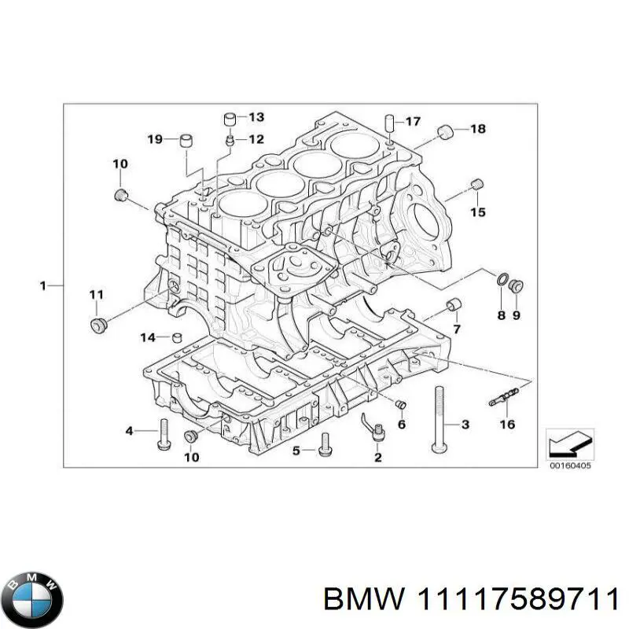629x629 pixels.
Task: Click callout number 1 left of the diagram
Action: click(x=44, y=285)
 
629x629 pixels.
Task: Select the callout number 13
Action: click(x=256, y=117)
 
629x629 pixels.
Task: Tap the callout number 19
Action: click(x=154, y=139)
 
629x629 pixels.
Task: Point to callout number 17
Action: click(x=413, y=121)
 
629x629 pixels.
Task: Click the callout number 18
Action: click(x=478, y=128)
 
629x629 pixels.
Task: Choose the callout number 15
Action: click(x=477, y=212)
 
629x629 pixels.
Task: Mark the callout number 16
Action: click(x=507, y=425)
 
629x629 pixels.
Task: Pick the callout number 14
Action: click(x=149, y=337)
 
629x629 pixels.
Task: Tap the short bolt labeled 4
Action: click(x=164, y=432)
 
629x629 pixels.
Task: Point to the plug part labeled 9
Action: click(x=517, y=285)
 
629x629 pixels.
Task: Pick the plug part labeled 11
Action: click(x=98, y=324)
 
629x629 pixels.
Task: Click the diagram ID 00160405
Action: click(x=569, y=465)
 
